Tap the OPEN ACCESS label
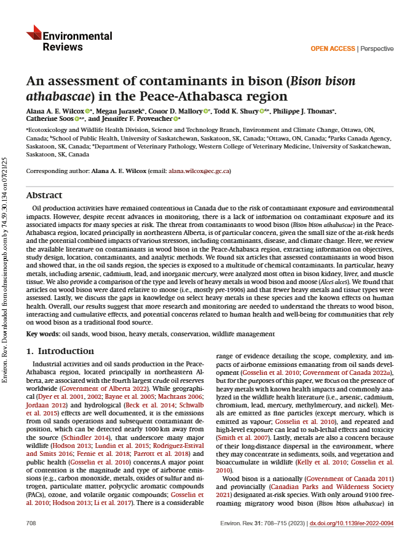[333, 48]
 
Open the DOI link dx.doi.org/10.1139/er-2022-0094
[352, 522]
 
